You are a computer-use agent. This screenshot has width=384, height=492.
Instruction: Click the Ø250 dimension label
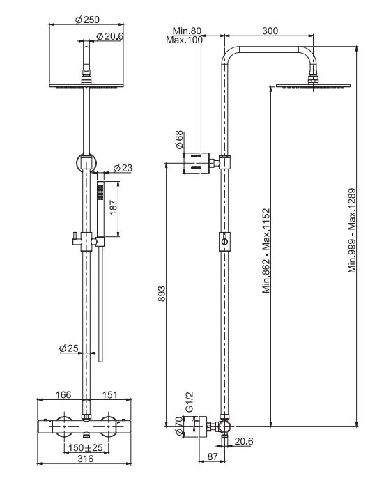coord(87,20)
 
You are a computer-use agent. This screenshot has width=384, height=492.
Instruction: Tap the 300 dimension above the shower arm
coord(270,31)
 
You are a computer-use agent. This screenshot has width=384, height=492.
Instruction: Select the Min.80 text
coord(187,31)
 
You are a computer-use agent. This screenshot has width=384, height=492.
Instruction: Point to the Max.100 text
coord(184,40)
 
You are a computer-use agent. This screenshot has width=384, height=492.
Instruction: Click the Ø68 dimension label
coord(179,139)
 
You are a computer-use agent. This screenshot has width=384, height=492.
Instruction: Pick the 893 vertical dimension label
coord(161,293)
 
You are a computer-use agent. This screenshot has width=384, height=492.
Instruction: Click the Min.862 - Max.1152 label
coord(266,251)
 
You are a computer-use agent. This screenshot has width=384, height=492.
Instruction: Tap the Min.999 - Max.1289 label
coord(352,230)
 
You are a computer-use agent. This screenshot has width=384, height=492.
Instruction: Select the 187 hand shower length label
coord(114,208)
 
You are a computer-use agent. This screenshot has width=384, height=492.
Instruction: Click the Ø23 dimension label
coord(123,168)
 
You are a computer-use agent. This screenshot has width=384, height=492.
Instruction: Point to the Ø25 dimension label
coord(69,348)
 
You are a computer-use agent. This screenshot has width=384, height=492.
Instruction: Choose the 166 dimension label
coord(63,394)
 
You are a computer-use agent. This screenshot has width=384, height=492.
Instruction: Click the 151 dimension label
coord(109,394)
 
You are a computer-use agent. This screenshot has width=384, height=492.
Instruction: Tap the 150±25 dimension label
coord(85,447)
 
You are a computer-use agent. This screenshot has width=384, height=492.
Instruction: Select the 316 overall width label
coord(85,459)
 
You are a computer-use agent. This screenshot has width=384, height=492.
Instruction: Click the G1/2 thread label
coord(189,402)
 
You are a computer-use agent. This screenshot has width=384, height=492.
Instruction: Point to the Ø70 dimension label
coord(179,426)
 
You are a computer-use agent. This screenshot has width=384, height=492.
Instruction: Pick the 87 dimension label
coord(213,456)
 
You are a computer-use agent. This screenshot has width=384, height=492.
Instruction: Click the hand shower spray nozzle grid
coord(101,192)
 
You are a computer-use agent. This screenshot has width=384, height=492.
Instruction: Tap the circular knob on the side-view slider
coord(224,242)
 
